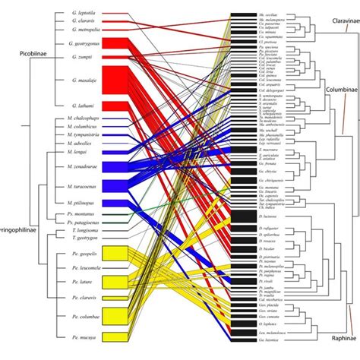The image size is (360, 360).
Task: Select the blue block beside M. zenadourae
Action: coord(117,166)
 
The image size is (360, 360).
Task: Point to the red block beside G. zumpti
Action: coord(117,57)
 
